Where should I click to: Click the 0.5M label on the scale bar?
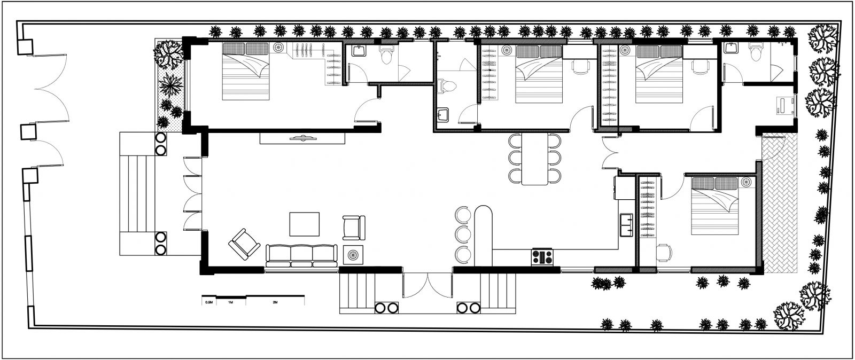click(209, 302)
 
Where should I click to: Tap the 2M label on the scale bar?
click(275, 302)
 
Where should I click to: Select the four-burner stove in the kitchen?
click(542, 257)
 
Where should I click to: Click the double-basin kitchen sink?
click(626, 225)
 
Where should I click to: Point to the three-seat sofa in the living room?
click(301, 256)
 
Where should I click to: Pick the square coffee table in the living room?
click(304, 224)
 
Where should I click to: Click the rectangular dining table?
click(535, 159)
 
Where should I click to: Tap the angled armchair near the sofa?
click(244, 244)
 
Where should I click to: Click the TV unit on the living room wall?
click(302, 138)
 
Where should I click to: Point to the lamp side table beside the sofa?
click(353, 255)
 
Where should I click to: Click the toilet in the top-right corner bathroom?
click(756, 52)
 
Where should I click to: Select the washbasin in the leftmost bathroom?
click(359, 50)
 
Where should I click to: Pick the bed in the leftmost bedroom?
click(246, 72)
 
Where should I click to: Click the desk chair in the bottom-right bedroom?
click(664, 253)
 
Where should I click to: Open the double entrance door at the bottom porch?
click(428, 285)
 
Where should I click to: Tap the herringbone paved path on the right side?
click(780, 203)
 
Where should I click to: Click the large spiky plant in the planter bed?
click(170, 85)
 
